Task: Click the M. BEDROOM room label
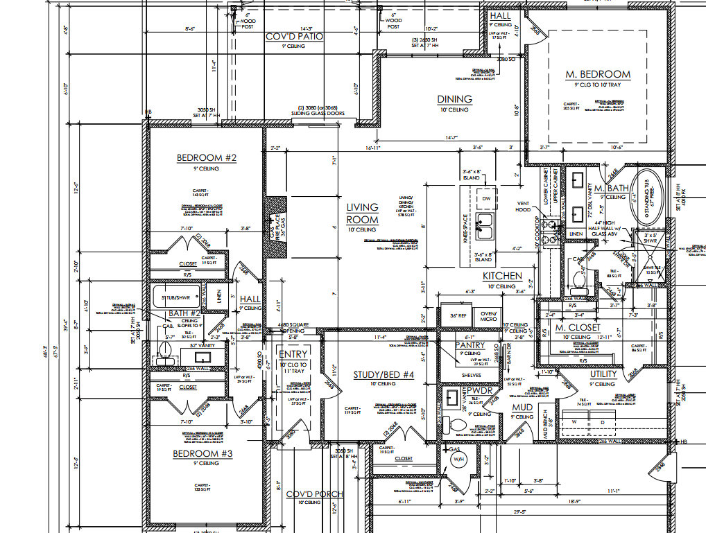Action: pos(598,74)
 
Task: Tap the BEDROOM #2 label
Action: pos(207,158)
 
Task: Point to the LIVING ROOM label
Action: pos(363,213)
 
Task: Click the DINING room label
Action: pos(454,99)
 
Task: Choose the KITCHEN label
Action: pos(502,276)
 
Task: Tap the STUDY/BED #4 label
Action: pos(384,375)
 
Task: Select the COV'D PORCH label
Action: pos(314,494)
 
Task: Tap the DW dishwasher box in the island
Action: pos(486,198)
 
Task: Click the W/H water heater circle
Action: pos(456,459)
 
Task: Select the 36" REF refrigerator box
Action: pos(458,316)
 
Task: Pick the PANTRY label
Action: pos(470,345)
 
